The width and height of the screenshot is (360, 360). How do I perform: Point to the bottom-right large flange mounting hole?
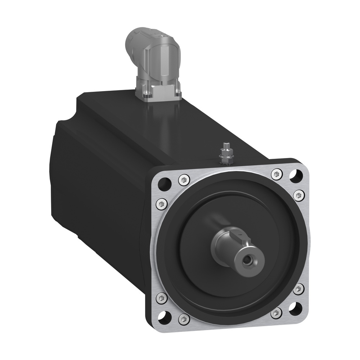coord(296,307)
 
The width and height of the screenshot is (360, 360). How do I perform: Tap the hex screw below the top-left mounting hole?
coord(161,204)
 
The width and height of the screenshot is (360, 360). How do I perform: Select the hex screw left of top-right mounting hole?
coord(276,174)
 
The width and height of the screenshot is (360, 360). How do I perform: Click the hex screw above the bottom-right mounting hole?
coord(298,288)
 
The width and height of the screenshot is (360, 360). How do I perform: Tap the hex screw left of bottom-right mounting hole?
coord(276,312)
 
